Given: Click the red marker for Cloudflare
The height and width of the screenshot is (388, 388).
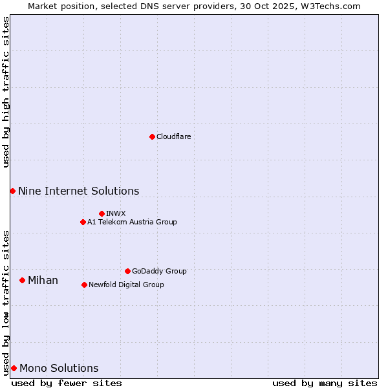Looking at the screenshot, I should [x=152, y=136].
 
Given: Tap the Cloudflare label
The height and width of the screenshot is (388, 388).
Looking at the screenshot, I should [x=174, y=136].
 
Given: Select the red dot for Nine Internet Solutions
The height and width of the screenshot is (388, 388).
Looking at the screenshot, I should [x=12, y=191].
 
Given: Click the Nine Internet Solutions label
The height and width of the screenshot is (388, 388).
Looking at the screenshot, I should [x=78, y=191].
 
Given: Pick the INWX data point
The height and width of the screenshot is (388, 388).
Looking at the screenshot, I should [x=102, y=213].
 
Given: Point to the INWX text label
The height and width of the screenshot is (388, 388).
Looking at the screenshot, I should [x=116, y=213].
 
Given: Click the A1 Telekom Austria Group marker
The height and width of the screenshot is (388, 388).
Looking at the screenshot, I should [x=83, y=222].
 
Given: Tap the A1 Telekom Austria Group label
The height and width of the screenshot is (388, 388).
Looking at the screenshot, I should [x=132, y=222].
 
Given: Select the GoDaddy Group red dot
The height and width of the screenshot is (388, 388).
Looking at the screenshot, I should [x=127, y=271].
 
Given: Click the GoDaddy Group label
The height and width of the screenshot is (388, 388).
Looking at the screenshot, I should [x=159, y=271].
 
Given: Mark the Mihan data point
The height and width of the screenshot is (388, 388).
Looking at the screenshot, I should [x=22, y=280].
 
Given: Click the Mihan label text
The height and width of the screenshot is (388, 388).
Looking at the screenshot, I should [x=43, y=280].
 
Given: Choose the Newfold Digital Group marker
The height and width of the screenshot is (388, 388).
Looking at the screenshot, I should [x=84, y=285].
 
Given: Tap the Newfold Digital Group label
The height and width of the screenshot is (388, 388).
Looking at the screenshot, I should [x=126, y=285].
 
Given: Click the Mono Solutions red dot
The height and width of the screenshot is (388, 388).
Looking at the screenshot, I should [x=14, y=368].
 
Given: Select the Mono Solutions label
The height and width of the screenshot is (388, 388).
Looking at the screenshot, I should [x=59, y=368].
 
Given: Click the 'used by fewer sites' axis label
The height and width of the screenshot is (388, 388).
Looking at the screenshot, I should [x=67, y=383].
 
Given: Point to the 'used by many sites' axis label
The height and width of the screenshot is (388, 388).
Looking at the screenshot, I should [x=325, y=383].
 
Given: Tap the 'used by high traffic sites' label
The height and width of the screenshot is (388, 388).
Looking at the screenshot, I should [x=6, y=92].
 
